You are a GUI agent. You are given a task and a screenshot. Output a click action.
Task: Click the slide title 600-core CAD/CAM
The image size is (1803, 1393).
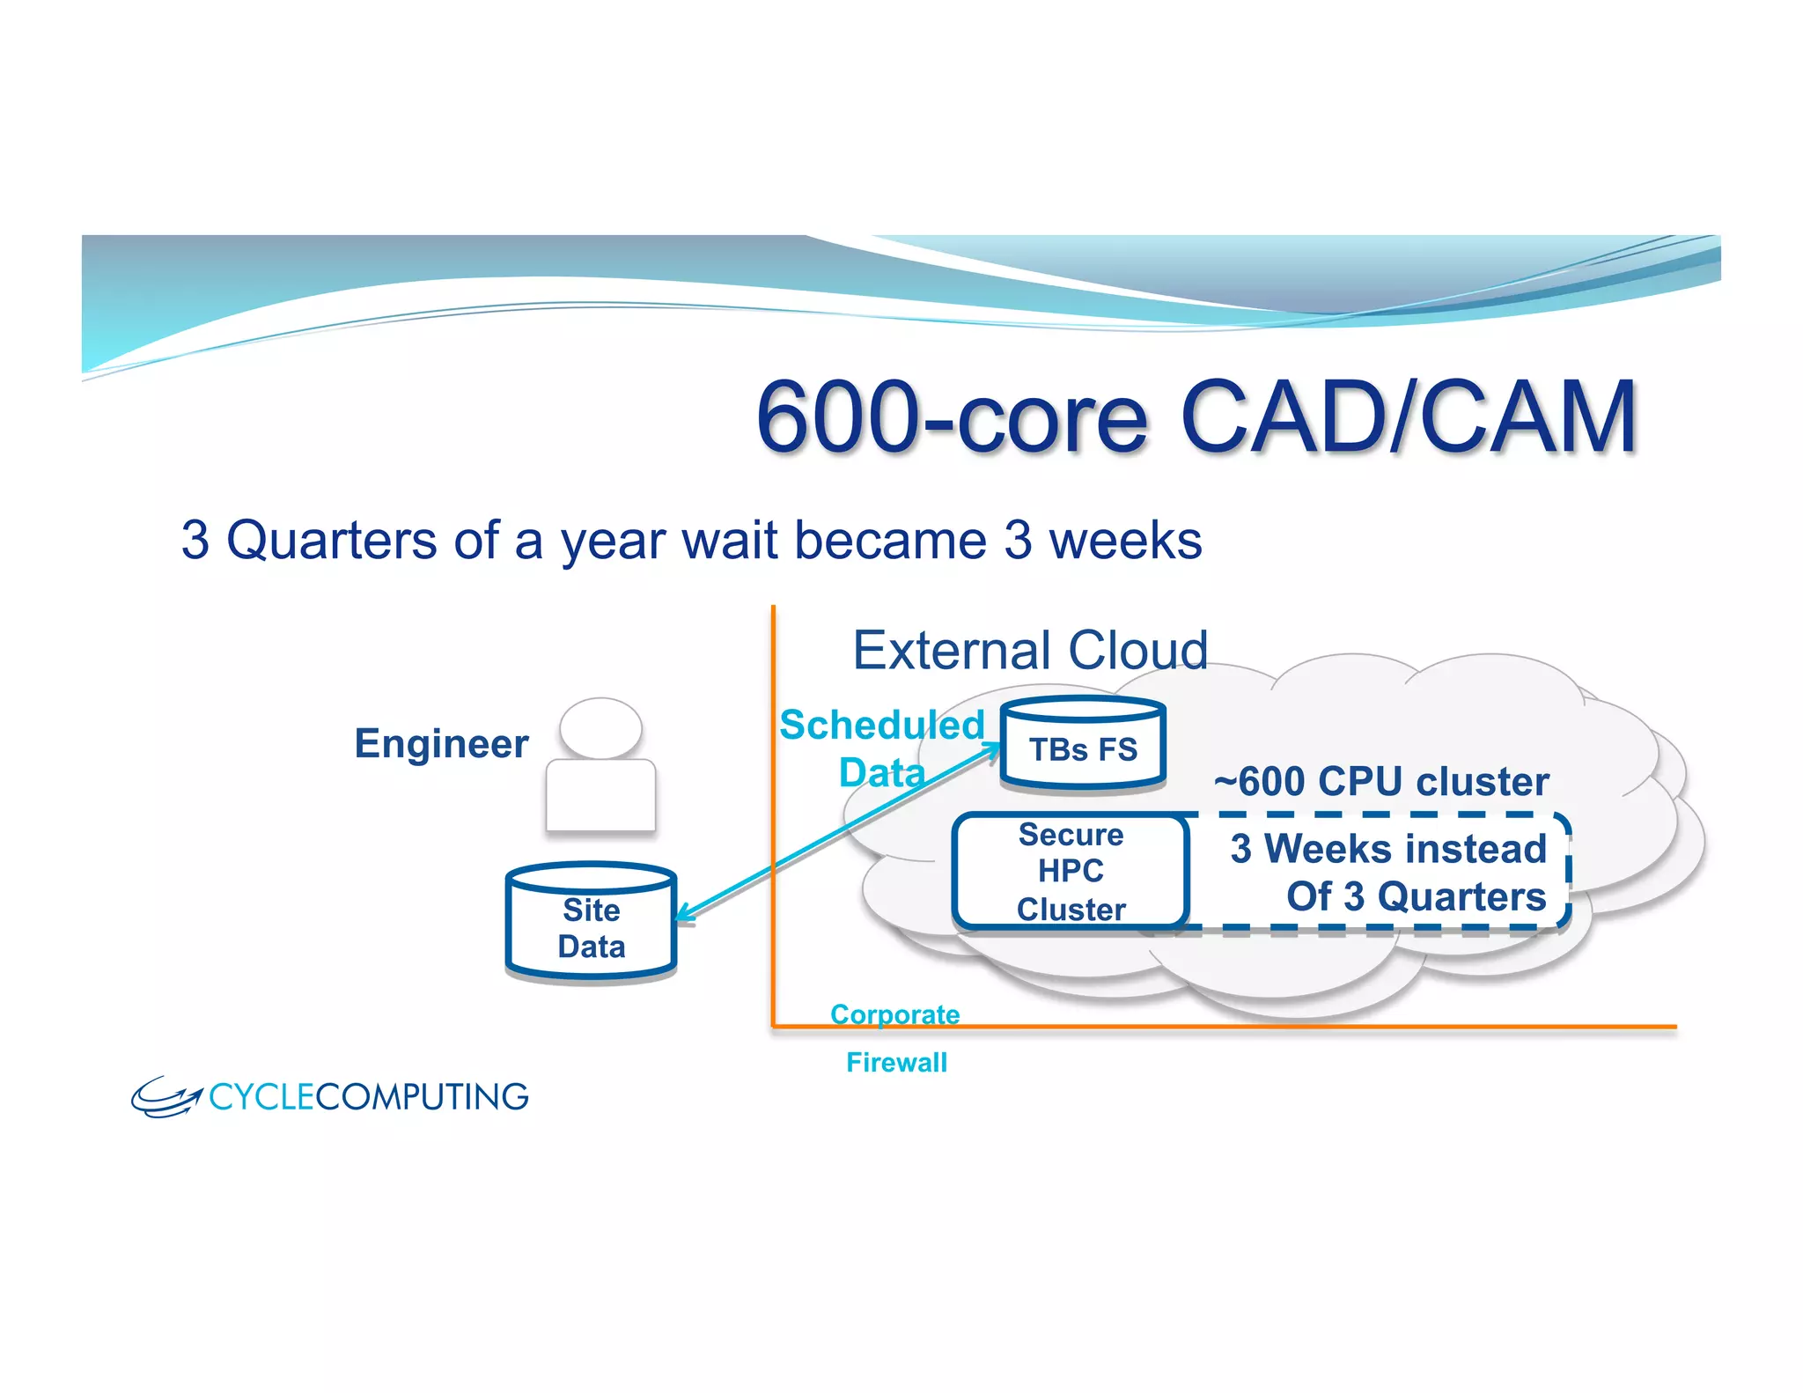(x=1196, y=416)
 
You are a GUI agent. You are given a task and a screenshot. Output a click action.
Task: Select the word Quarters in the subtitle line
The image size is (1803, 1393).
(x=331, y=540)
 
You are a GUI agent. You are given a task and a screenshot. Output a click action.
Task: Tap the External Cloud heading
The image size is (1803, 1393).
(x=1030, y=651)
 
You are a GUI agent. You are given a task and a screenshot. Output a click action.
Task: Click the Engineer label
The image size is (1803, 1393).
(x=441, y=744)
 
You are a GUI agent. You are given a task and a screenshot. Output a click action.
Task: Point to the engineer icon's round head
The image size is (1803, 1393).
(x=600, y=727)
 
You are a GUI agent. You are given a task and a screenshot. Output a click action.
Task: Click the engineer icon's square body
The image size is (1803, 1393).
(x=600, y=795)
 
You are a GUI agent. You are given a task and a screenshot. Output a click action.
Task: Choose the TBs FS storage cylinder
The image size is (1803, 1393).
(x=1083, y=744)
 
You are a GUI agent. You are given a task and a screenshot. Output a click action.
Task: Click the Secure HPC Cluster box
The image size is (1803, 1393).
(x=1071, y=871)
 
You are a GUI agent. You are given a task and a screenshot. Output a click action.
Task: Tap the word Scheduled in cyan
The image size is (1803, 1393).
(x=881, y=726)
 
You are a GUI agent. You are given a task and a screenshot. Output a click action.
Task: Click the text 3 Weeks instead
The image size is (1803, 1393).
(x=1387, y=849)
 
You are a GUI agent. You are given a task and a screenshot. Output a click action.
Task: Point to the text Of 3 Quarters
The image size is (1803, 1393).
(x=1415, y=896)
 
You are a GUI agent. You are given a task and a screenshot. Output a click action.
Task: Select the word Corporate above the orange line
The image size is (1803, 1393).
(x=894, y=1014)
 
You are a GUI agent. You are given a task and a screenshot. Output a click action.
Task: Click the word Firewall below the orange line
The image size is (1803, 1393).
(x=896, y=1062)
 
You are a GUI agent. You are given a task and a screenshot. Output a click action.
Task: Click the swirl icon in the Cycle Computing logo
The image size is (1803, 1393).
(x=165, y=1097)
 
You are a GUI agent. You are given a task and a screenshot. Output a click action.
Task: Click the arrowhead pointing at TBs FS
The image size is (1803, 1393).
(x=992, y=750)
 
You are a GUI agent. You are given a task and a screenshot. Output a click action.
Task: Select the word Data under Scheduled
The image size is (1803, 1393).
(x=881, y=773)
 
